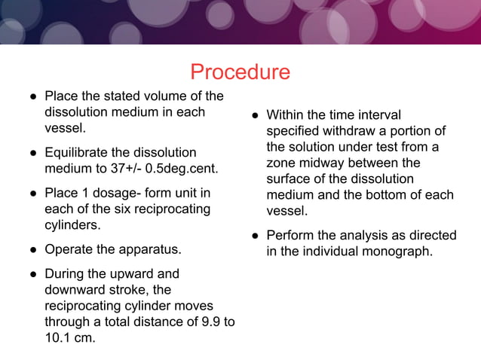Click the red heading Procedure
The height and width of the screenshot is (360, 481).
click(x=240, y=72)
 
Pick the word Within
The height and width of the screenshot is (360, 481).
click(x=286, y=115)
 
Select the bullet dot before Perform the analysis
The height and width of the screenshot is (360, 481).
click(x=256, y=235)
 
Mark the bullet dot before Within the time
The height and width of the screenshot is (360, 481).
click(x=256, y=115)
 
